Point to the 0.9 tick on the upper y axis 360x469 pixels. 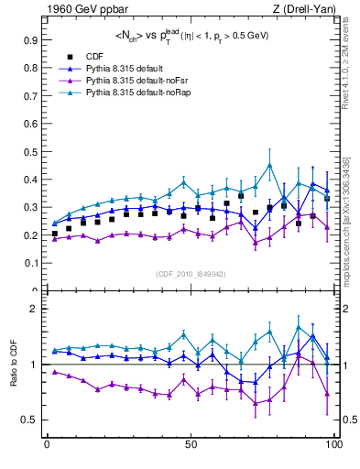point(29,40)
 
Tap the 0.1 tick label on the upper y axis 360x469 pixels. point(29,264)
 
